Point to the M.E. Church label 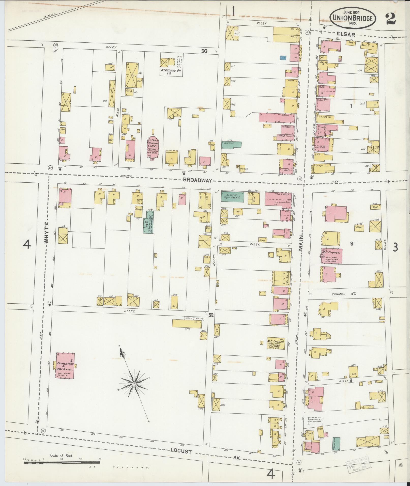(275, 341)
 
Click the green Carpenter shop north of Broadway (231, 144)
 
